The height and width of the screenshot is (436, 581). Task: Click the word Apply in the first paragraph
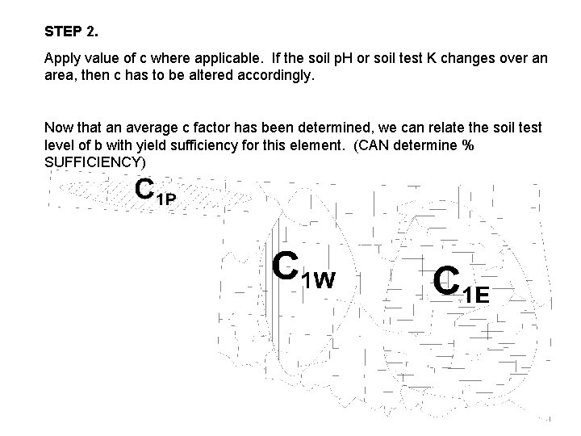pos(61,60)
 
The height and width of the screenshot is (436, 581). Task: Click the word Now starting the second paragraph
pos(58,128)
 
